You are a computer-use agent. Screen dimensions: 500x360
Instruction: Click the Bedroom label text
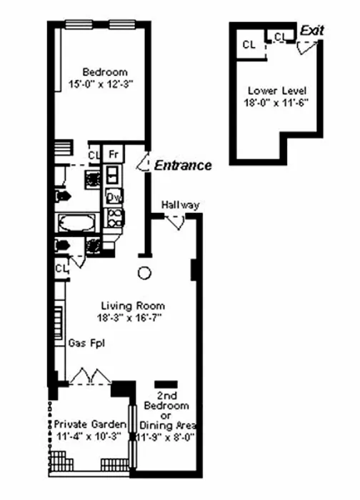tap(105, 71)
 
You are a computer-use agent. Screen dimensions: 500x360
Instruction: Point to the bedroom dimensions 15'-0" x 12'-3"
tap(105, 83)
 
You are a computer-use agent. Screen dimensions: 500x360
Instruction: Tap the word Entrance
tap(183, 165)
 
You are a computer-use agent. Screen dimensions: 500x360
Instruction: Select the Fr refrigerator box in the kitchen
tap(113, 154)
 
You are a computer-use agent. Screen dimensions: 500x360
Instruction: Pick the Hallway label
tap(179, 205)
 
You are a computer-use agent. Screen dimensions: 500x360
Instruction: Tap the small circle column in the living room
tap(144, 272)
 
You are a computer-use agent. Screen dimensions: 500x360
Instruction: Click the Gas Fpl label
tap(84, 343)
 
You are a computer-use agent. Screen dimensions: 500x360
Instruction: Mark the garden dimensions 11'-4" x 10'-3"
tap(87, 435)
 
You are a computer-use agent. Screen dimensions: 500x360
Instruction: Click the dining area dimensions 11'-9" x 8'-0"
tap(166, 435)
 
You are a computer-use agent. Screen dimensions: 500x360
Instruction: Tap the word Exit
tap(312, 31)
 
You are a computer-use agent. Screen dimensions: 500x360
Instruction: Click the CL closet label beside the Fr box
tap(94, 154)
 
